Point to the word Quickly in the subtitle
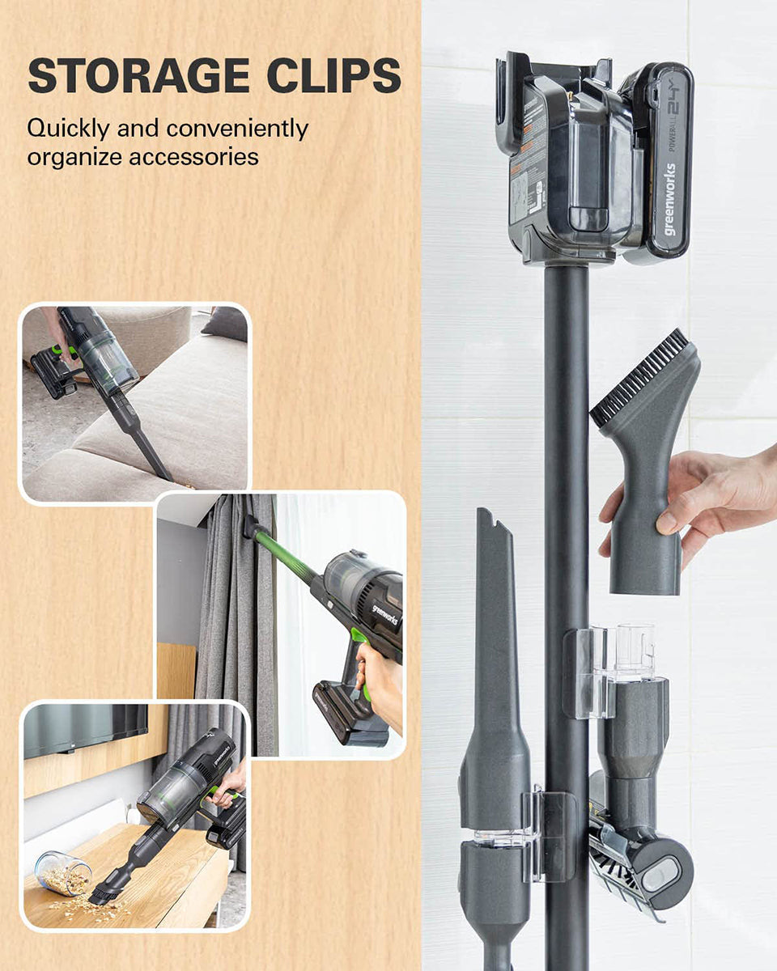pyautogui.click(x=68, y=129)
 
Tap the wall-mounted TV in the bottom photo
pyautogui.click(x=86, y=728)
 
